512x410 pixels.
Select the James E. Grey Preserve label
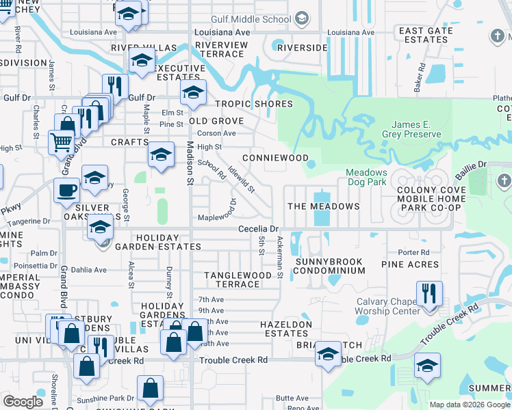point(416,129)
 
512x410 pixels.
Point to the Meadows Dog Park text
point(366,178)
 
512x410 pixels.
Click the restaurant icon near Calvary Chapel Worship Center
point(429,294)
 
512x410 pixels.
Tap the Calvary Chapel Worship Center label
point(387,307)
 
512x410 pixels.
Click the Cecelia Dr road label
point(258,229)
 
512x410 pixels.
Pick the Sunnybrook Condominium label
point(330,266)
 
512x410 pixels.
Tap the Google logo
point(23,402)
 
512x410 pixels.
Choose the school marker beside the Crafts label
point(161,155)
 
